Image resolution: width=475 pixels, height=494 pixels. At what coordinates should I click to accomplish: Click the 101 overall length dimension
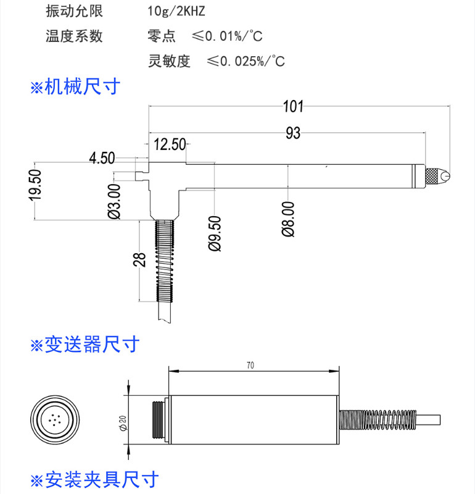(x=293, y=106)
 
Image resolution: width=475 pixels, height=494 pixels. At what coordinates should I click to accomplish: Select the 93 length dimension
(x=293, y=133)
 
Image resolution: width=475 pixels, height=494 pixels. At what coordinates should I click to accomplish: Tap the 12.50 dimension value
(x=170, y=144)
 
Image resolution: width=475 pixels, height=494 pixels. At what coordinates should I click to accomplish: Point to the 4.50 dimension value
(x=102, y=158)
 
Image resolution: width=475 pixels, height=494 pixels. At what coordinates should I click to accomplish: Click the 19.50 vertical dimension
(x=35, y=185)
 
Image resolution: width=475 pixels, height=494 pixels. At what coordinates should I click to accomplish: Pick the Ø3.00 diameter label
(x=114, y=201)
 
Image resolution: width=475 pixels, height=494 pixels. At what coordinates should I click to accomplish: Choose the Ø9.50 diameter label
(x=215, y=233)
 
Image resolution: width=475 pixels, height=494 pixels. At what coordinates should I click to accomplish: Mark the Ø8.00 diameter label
(x=288, y=219)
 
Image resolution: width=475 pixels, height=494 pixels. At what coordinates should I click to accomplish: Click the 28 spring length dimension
(x=140, y=260)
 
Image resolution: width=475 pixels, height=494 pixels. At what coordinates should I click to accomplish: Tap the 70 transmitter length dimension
(x=250, y=365)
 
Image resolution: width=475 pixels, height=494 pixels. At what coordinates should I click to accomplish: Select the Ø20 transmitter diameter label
(x=123, y=423)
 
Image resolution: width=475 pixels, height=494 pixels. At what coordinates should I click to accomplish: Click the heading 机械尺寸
(x=75, y=86)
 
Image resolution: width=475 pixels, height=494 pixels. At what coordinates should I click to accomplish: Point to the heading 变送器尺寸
(x=85, y=344)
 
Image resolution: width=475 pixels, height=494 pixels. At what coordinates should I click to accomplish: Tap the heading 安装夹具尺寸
(x=95, y=480)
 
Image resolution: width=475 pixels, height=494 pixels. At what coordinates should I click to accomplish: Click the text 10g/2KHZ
(x=176, y=11)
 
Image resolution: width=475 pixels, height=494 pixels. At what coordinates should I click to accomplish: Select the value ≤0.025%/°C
(x=246, y=61)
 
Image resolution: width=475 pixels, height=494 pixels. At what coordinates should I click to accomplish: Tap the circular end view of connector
(x=55, y=420)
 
